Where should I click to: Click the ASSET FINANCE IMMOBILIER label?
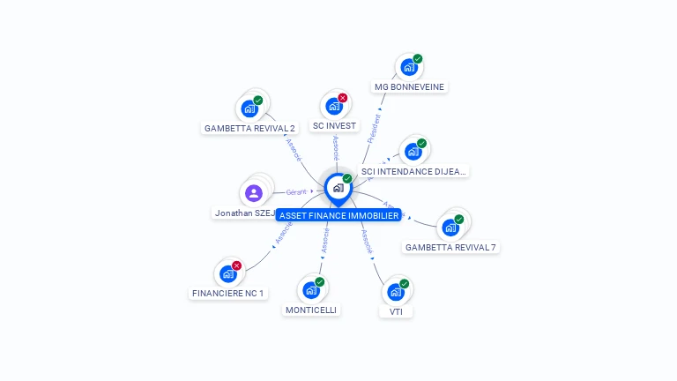(x=338, y=215)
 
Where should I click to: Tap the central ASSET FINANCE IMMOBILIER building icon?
(x=338, y=188)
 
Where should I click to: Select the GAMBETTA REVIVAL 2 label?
(x=249, y=128)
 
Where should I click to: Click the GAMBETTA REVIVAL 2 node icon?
(x=249, y=109)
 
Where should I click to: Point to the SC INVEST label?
(x=334, y=125)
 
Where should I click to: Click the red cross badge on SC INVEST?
(x=343, y=98)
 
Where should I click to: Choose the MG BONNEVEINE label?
(x=409, y=86)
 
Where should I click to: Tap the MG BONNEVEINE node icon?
(x=408, y=67)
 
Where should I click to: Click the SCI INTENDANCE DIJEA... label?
(x=413, y=171)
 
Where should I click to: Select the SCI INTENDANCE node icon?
(x=413, y=152)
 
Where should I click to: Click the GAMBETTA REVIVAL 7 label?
(x=450, y=247)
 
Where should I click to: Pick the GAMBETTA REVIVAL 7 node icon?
(x=450, y=228)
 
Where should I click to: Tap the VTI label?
(x=396, y=311)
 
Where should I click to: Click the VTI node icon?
(x=396, y=292)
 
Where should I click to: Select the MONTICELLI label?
(x=311, y=310)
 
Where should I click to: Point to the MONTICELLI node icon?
(x=310, y=290)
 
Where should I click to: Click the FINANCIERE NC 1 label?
(x=227, y=293)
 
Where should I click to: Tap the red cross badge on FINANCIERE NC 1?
(x=236, y=265)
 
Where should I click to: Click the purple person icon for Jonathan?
(x=254, y=193)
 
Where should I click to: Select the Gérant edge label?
(x=296, y=191)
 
